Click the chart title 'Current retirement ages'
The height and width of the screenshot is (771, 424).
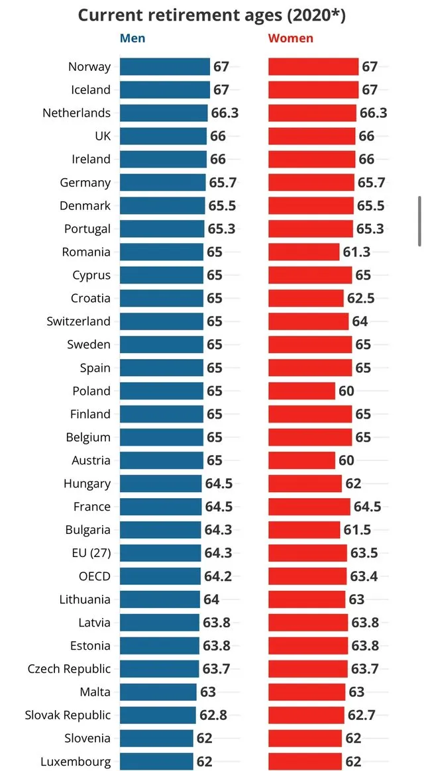211,15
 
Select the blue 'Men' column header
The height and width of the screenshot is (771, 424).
132,38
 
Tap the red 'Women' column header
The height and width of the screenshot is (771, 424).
290,38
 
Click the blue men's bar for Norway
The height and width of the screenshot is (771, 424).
165,66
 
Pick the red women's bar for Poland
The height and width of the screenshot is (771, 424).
301,391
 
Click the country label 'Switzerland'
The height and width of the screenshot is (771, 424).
78,321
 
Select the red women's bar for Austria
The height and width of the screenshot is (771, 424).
301,460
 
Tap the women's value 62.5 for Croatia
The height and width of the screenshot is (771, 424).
360,298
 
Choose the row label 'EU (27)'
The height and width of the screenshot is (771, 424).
89,553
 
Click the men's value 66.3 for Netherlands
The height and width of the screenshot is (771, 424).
225,113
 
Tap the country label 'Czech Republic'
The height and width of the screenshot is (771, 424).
69,669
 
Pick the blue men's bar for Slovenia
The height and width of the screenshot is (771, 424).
156,739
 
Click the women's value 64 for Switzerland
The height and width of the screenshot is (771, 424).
360,321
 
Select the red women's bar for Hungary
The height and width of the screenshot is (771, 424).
305,484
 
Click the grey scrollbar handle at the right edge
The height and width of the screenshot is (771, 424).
419,222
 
